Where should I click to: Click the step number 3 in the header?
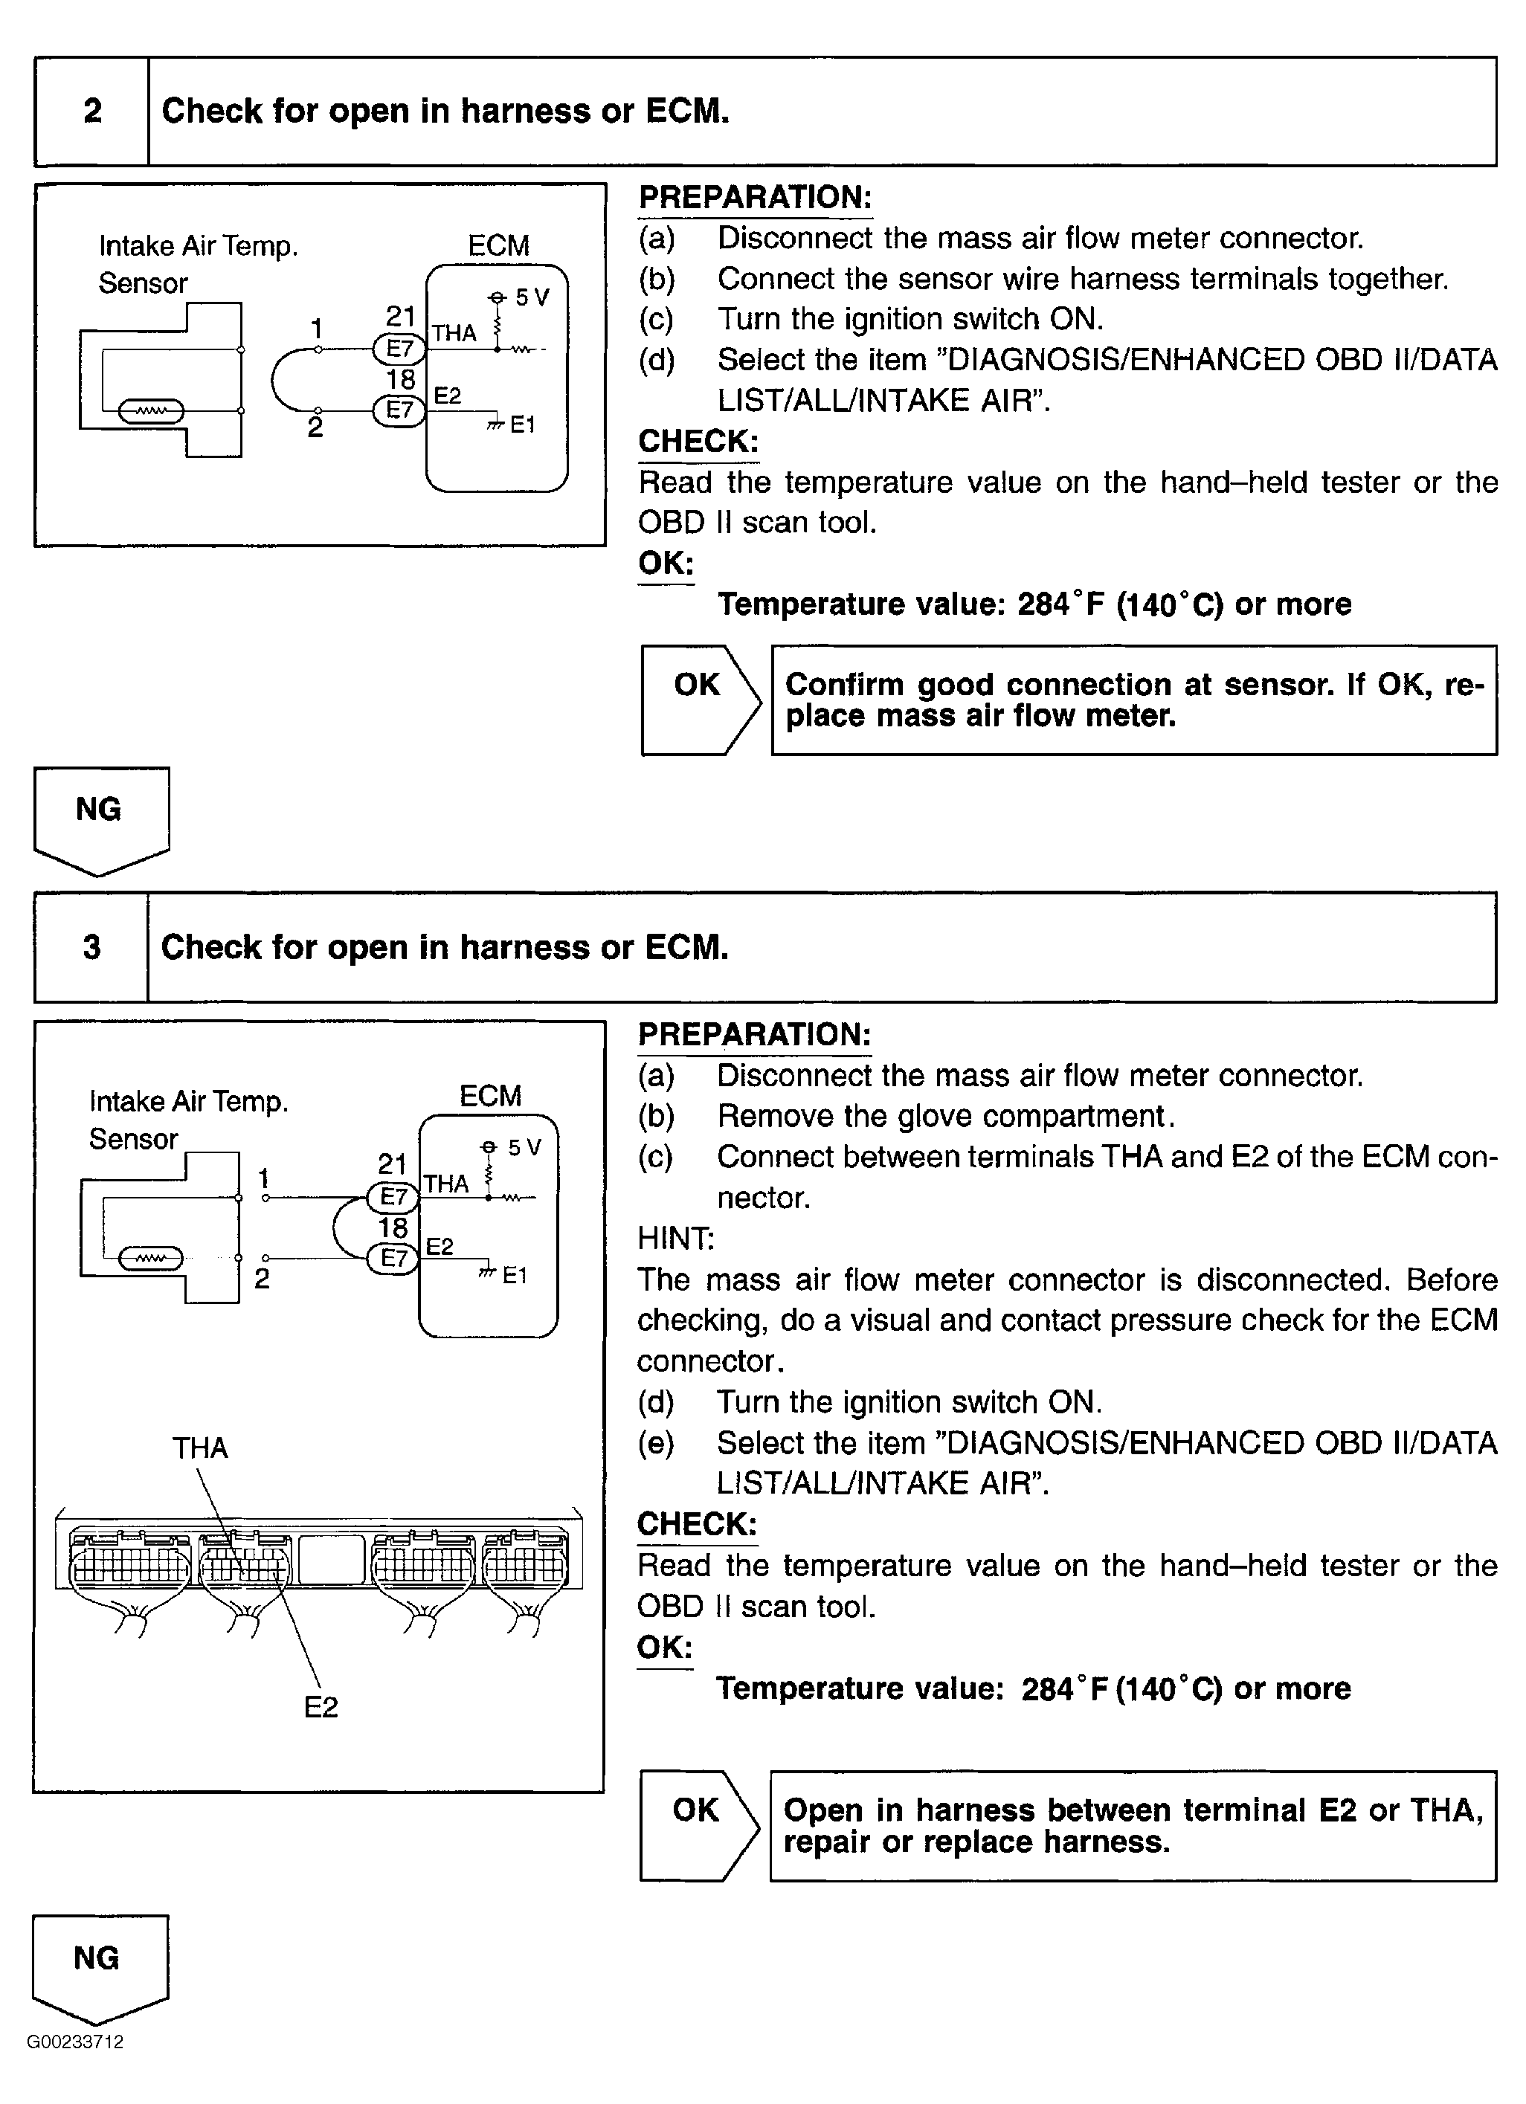coord(91,947)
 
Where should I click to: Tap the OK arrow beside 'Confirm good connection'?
coord(701,700)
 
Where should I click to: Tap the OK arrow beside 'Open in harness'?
coord(698,1826)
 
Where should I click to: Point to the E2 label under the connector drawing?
coord(321,1707)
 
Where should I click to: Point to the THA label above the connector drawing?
coord(199,1448)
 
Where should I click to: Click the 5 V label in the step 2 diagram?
coord(532,298)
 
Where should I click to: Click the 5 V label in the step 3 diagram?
coord(524,1148)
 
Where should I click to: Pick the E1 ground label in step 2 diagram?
coord(522,425)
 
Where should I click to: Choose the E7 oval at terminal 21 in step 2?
coord(399,349)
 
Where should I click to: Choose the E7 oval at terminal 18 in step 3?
coord(393,1258)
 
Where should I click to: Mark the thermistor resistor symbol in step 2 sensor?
coord(151,410)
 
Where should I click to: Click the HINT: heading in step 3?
coord(675,1239)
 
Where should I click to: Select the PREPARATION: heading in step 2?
coord(755,198)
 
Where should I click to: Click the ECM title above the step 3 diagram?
coord(490,1096)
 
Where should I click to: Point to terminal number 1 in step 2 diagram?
coord(316,329)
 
